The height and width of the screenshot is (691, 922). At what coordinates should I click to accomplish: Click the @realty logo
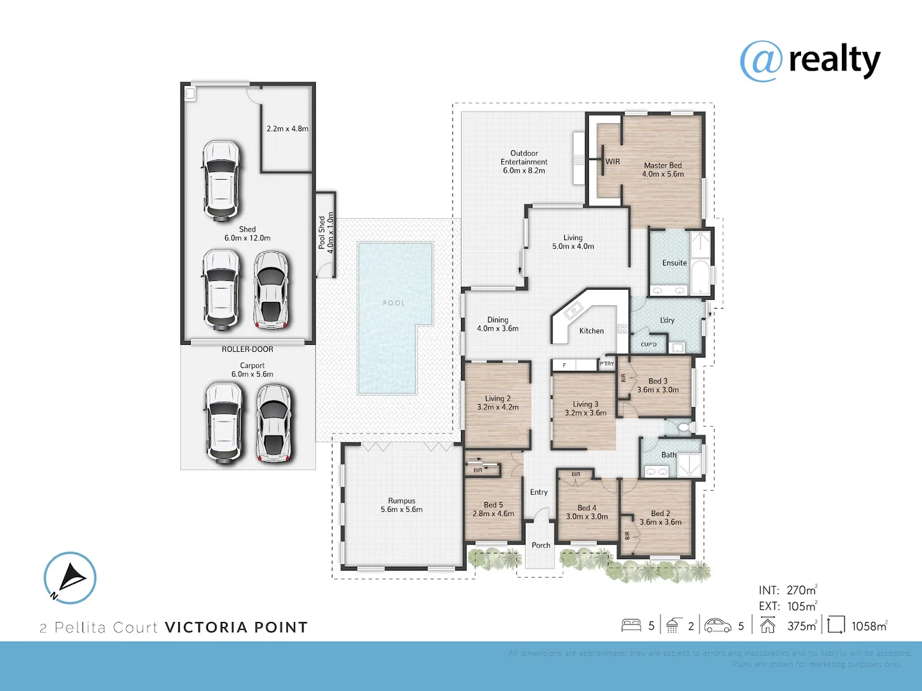click(x=810, y=61)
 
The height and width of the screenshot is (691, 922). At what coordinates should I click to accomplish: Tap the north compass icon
click(x=70, y=578)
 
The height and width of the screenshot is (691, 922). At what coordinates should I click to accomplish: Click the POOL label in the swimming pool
click(x=394, y=303)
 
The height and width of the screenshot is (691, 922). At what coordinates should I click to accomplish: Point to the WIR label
click(x=613, y=162)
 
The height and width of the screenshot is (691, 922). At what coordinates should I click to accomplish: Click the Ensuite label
click(x=674, y=263)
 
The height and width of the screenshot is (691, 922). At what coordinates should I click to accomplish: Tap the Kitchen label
click(x=591, y=331)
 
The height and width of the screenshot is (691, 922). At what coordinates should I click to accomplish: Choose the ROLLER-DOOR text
click(x=247, y=349)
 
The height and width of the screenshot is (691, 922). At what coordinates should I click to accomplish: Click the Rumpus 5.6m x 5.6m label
click(x=401, y=505)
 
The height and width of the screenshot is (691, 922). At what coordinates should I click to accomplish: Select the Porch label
click(x=540, y=546)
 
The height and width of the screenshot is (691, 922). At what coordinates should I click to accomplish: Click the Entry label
click(x=538, y=492)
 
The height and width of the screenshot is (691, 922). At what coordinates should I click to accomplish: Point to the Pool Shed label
click(x=326, y=232)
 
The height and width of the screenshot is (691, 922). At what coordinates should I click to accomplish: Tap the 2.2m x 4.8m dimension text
click(x=287, y=129)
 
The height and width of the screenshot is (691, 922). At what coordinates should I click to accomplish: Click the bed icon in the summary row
click(x=631, y=625)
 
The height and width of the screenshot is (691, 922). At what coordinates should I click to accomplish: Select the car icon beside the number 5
click(x=718, y=625)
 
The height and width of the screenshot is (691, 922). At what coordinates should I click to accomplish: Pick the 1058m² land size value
click(x=869, y=626)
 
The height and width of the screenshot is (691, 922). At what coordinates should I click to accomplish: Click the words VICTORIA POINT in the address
click(x=236, y=628)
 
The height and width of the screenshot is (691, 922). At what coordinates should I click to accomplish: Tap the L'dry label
click(x=667, y=320)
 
